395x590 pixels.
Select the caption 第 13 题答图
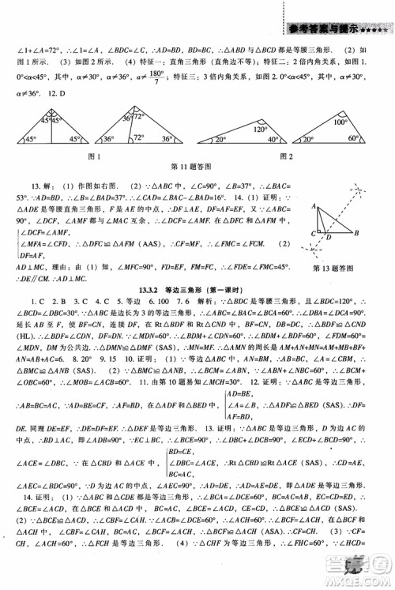[x=335, y=252]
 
